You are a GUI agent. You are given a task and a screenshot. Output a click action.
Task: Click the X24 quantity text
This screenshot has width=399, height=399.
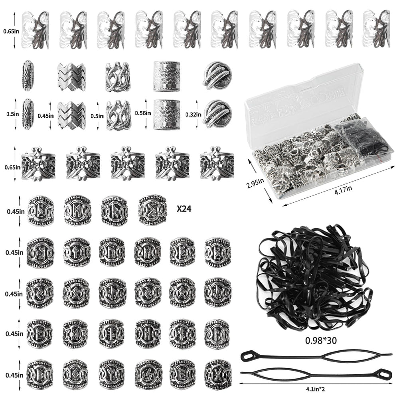coord(184,209)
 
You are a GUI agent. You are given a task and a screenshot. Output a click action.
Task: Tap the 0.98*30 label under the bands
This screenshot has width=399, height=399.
coord(321,340)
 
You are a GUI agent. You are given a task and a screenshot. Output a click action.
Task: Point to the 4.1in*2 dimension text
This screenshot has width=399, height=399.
coord(315,389)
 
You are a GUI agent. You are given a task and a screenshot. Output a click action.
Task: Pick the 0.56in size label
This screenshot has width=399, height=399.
coord(143,113)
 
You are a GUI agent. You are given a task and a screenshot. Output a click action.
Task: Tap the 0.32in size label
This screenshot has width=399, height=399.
coord(193,115)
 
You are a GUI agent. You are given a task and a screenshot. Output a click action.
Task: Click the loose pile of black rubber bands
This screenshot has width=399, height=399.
coord(314,278)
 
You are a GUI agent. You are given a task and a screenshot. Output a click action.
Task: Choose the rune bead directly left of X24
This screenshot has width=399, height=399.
coord(152,210)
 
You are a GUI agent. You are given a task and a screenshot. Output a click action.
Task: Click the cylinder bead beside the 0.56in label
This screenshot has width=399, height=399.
coord(167,115)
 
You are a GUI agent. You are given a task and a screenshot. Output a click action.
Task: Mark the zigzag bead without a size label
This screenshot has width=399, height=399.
coord(71,77)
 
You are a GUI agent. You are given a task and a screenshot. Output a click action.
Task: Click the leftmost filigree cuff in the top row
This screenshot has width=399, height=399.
coord(36,30)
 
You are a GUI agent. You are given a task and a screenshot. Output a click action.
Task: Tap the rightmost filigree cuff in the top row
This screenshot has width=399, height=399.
coord(376,29)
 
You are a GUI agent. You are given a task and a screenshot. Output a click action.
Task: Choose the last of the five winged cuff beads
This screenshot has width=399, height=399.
coord(217,164)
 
